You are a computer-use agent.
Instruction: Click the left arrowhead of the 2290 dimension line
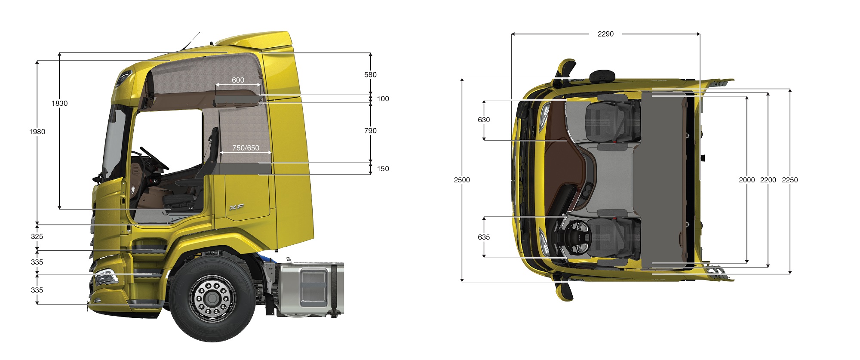click(x=513, y=34)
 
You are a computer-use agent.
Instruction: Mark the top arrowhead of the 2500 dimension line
click(x=462, y=80)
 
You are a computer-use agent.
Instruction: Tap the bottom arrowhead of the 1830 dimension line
click(x=59, y=207)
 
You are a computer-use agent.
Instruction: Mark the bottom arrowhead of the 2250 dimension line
click(x=790, y=271)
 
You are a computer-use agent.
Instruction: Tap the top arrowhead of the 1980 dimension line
click(x=37, y=63)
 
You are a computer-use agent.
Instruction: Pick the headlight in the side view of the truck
click(x=105, y=277)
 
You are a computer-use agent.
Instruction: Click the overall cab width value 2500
click(x=462, y=180)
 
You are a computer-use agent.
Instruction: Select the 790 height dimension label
click(x=370, y=130)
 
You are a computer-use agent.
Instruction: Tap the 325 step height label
click(x=37, y=236)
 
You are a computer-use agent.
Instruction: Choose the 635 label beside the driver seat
click(x=484, y=237)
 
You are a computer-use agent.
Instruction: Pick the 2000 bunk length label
click(x=747, y=180)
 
